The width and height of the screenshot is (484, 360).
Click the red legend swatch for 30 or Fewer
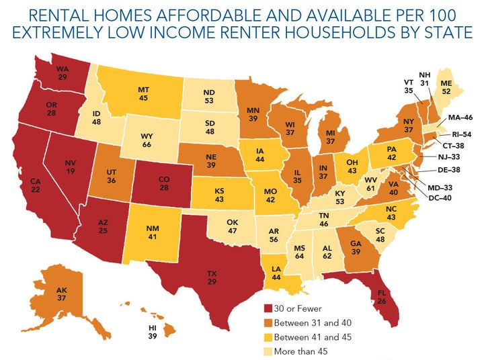(x=270, y=309)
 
